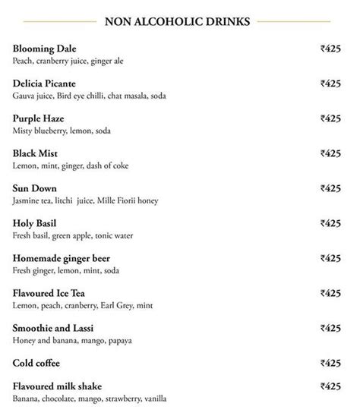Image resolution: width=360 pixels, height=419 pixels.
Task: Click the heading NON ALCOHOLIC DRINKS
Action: pyautogui.click(x=179, y=20)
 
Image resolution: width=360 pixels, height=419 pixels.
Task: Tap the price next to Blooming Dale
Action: pyautogui.click(x=330, y=49)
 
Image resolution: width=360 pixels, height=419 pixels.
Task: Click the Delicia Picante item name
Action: pyautogui.click(x=45, y=83)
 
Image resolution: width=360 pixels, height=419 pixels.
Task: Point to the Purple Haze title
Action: pyautogui.click(x=39, y=118)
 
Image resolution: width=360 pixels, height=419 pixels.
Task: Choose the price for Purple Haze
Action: pyautogui.click(x=330, y=118)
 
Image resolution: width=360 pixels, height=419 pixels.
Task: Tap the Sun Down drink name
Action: pyautogui.click(x=35, y=188)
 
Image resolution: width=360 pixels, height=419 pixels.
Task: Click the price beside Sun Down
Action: pyautogui.click(x=330, y=188)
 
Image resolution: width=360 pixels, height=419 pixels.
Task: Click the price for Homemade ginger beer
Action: pyautogui.click(x=330, y=258)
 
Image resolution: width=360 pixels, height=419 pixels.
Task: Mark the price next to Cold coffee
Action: pyautogui.click(x=330, y=363)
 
